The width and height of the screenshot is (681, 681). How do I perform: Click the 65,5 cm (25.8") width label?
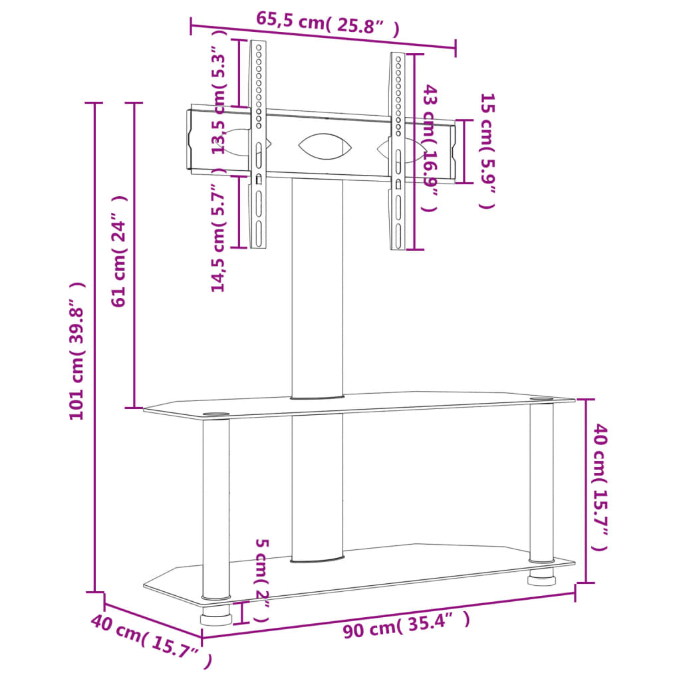[x=327, y=24]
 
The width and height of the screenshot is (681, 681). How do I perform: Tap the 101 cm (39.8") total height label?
[x=78, y=350]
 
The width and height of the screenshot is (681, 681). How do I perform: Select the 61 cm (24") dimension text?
[x=120, y=251]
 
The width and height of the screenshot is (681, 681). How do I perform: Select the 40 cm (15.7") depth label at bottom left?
[x=151, y=641]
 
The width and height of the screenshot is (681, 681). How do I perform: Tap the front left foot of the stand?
[x=216, y=616]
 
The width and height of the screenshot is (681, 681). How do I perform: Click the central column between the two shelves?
[x=317, y=485]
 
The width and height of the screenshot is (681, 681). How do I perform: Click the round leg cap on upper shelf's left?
[x=215, y=416]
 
